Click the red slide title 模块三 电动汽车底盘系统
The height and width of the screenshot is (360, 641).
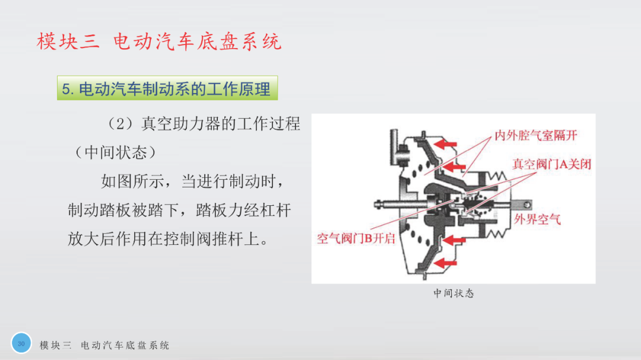pos(159,42)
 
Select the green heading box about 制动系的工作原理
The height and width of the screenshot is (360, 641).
pos(167,88)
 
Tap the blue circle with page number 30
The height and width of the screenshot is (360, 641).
pos(21,343)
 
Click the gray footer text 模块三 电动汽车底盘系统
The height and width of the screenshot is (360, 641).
pos(104,345)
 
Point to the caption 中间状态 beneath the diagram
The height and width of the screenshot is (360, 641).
pos(453,294)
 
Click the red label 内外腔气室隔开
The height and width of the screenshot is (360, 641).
pos(535,135)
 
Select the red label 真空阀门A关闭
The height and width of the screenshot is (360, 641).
pos(552,164)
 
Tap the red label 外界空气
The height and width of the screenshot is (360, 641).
pos(537,219)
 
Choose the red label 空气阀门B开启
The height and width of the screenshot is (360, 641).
pos(356,238)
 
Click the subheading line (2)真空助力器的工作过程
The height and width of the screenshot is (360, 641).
pos(203,123)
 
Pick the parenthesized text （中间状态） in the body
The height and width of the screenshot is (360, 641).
pos(116,152)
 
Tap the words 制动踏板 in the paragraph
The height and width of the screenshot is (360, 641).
pos(99,210)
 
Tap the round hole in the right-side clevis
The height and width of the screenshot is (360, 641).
pos(528,204)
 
